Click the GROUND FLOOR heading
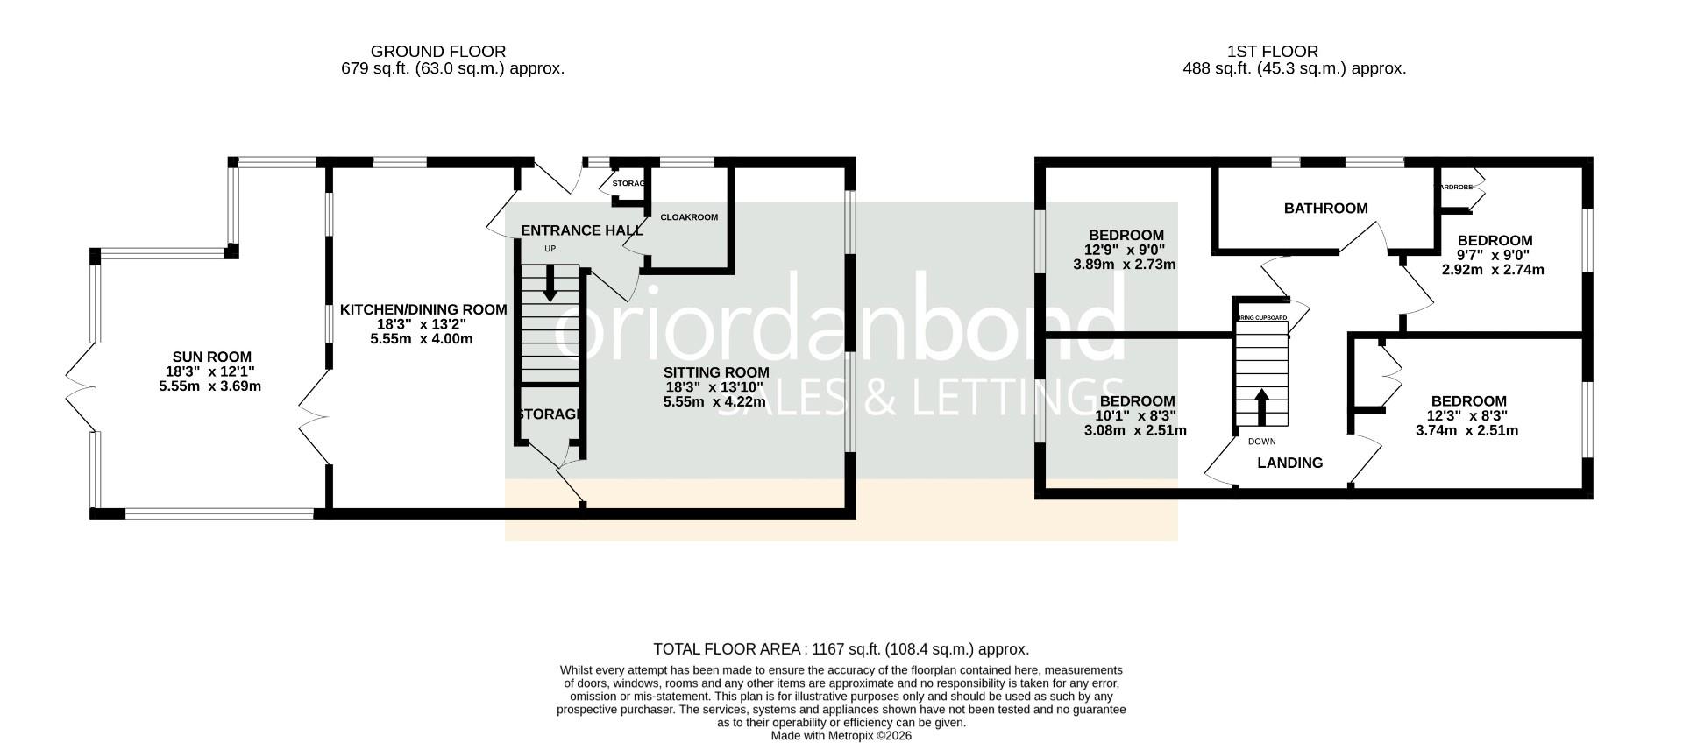point(437,52)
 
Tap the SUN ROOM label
point(211,357)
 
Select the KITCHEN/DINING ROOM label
point(423,309)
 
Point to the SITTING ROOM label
point(716,372)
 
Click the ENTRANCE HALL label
point(582,230)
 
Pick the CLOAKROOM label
point(689,217)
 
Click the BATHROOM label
point(1325,208)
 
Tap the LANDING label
point(1289,463)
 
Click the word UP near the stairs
point(550,249)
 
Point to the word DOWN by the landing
point(1261,442)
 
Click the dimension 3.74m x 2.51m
point(1466,430)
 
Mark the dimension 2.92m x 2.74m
point(1493,270)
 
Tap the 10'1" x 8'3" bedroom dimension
point(1136,415)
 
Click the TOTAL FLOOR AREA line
point(841,649)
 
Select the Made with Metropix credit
point(841,736)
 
